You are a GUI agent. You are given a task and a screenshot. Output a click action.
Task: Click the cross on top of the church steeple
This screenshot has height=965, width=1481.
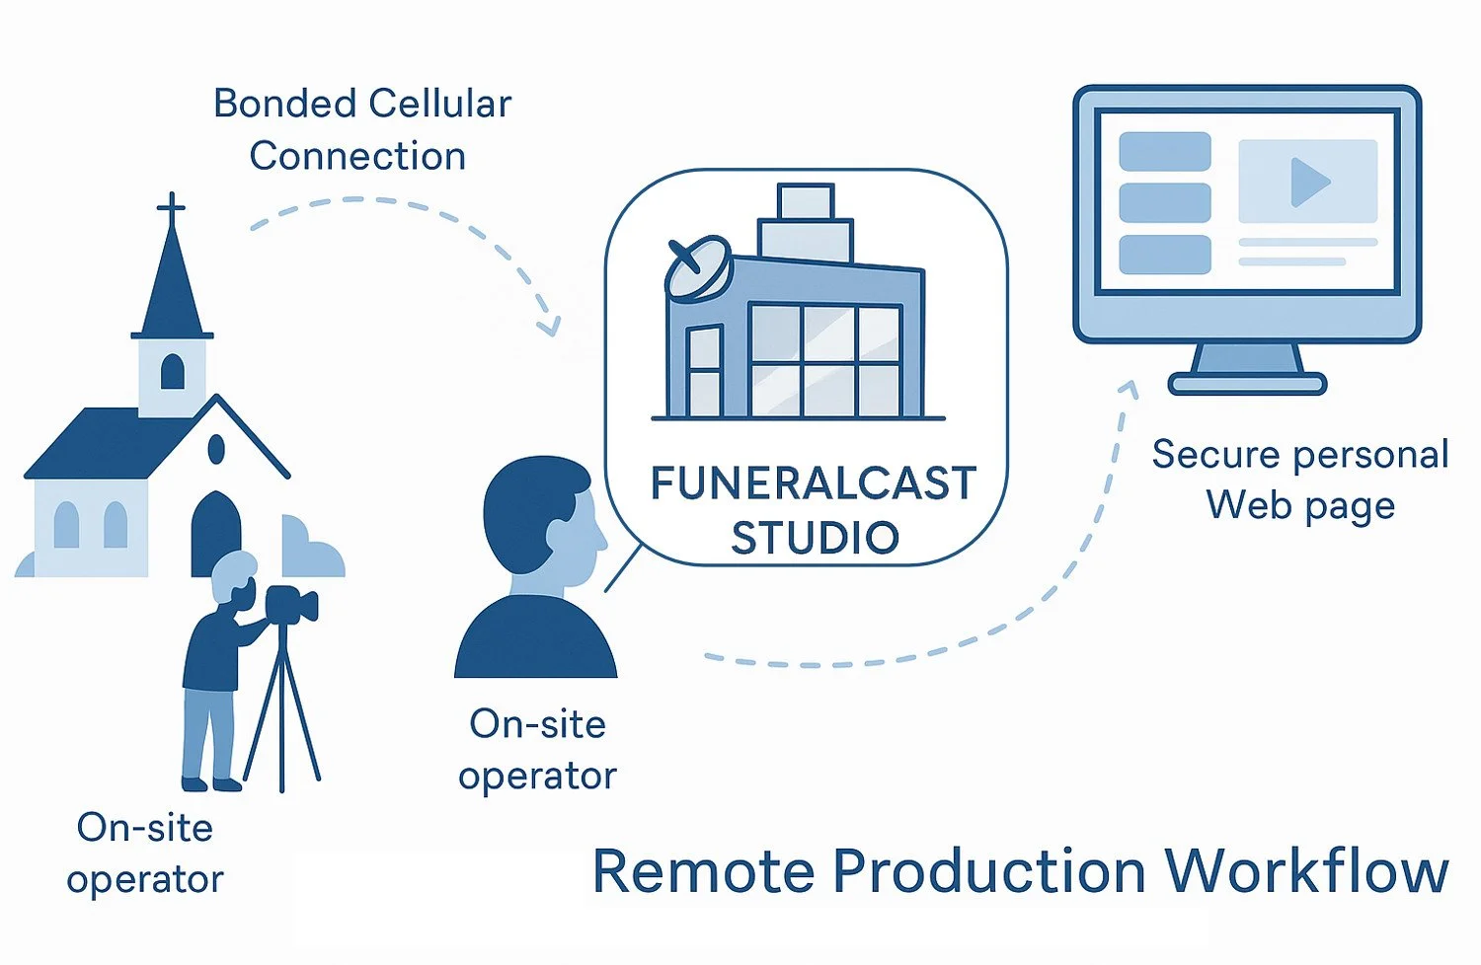coord(171,208)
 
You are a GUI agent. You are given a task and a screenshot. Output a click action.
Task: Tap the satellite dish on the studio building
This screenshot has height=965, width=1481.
coord(697,268)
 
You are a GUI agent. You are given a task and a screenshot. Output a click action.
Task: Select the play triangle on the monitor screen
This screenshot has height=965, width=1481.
coord(1309,182)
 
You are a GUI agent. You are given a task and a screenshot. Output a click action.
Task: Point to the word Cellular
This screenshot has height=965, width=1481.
coord(440,104)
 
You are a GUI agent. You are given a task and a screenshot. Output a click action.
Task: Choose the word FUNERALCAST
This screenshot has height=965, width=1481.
coord(813,483)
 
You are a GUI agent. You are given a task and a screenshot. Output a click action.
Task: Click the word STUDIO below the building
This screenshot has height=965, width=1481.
coord(815,538)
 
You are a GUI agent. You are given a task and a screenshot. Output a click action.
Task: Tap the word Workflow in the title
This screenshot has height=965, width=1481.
coord(1305,871)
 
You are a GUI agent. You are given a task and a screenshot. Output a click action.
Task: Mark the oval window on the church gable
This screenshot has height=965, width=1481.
coord(216,450)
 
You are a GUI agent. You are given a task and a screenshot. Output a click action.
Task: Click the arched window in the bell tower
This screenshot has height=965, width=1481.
coord(172,371)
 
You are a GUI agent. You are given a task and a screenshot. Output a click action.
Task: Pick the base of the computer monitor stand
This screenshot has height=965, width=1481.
coord(1246,383)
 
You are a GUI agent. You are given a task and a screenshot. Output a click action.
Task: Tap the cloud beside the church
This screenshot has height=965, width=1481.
coord(314,549)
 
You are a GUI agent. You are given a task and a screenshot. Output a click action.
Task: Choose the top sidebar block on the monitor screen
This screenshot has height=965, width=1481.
coord(1164,152)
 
